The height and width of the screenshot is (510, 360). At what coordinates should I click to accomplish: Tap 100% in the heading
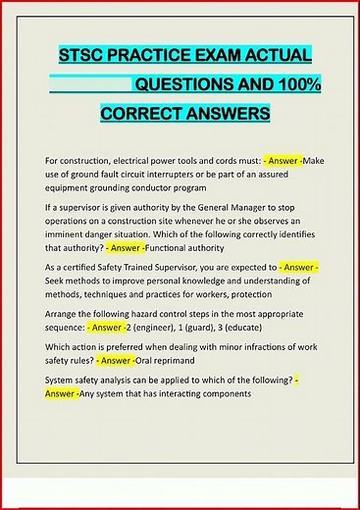[296, 84]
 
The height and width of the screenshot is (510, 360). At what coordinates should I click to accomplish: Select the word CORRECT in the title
[142, 115]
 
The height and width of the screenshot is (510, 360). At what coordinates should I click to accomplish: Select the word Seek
[57, 281]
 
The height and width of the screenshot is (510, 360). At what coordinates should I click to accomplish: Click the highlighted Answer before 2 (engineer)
[116, 327]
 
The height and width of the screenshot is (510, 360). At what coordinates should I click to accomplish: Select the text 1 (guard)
[222, 327]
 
